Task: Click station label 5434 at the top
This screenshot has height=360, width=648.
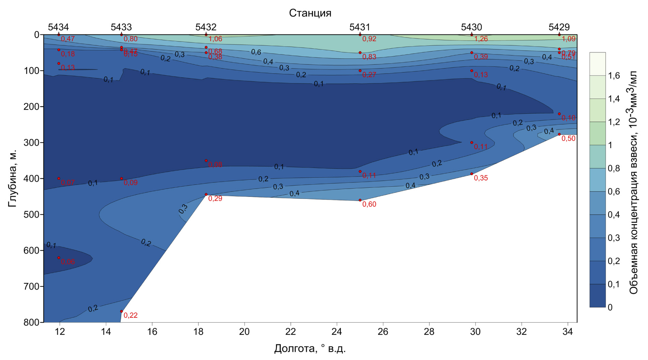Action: (x=58, y=27)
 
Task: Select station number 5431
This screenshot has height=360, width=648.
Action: (x=360, y=27)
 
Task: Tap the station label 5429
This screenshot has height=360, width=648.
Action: (x=559, y=27)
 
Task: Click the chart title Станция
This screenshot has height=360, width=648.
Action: (x=310, y=13)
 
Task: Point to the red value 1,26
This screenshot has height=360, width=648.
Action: (x=481, y=39)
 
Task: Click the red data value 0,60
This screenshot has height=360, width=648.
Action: (x=369, y=204)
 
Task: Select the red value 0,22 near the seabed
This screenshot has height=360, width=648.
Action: (x=130, y=316)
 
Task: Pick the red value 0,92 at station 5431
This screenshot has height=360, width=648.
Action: (x=369, y=39)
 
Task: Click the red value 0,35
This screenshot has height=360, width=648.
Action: (x=481, y=178)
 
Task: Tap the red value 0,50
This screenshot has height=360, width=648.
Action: (x=568, y=139)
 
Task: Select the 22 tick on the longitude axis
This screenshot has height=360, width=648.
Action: (x=291, y=332)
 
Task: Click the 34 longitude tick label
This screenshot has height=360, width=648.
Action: (x=568, y=332)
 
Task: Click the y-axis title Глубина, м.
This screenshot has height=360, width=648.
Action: (x=12, y=178)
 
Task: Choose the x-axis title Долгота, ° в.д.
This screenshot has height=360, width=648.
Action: (x=310, y=349)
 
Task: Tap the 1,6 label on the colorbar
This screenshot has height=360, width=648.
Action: (x=614, y=76)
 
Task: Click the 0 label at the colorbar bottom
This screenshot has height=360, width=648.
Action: (x=610, y=308)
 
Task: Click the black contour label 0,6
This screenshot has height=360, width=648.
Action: (x=256, y=52)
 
